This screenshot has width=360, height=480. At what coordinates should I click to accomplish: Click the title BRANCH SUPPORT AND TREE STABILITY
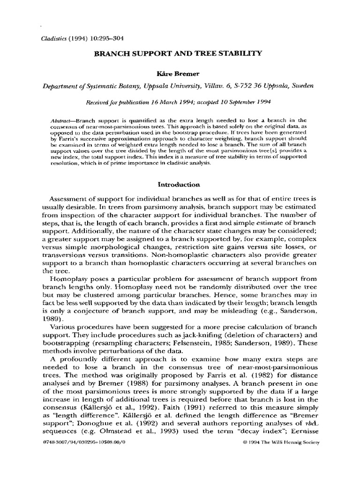click(x=180, y=54)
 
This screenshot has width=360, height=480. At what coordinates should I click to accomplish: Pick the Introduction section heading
click(x=179, y=185)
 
